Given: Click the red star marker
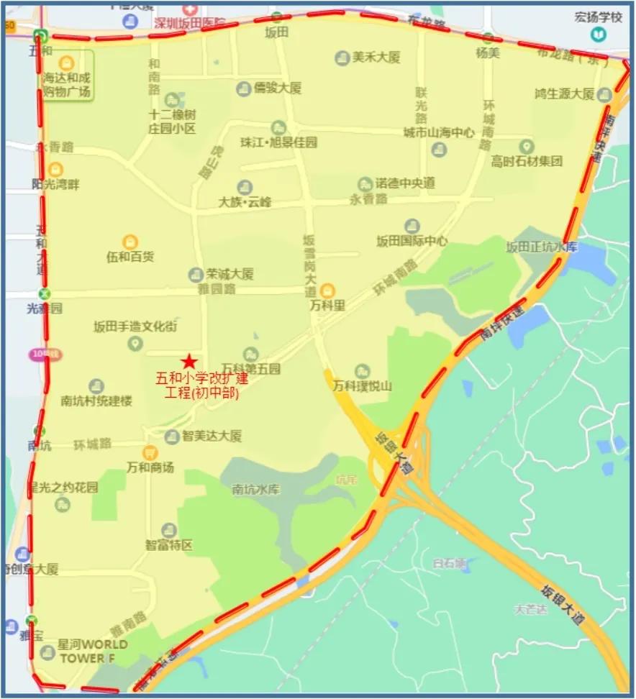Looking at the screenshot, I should click(189, 361).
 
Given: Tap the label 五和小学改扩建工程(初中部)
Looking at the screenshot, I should click(202, 385).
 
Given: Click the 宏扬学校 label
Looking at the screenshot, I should click(598, 17).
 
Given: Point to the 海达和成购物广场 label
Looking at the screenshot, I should click(66, 85).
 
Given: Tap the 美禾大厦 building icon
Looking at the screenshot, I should click(343, 58).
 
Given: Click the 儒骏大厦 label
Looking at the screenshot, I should click(277, 88).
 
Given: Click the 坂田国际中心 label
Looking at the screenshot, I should click(412, 241).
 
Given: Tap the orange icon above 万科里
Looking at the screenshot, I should click(327, 290).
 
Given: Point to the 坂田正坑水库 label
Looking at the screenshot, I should click(541, 247).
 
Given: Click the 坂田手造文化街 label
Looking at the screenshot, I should click(135, 326).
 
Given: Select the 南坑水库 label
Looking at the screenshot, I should click(255, 490).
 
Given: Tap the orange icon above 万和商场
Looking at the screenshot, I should click(150, 452).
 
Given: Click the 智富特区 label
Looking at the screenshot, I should click(169, 545).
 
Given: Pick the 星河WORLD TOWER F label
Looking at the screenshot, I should click(92, 650).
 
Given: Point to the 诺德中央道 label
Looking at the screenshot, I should click(407, 183).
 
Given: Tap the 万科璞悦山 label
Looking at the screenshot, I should click(363, 386).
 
